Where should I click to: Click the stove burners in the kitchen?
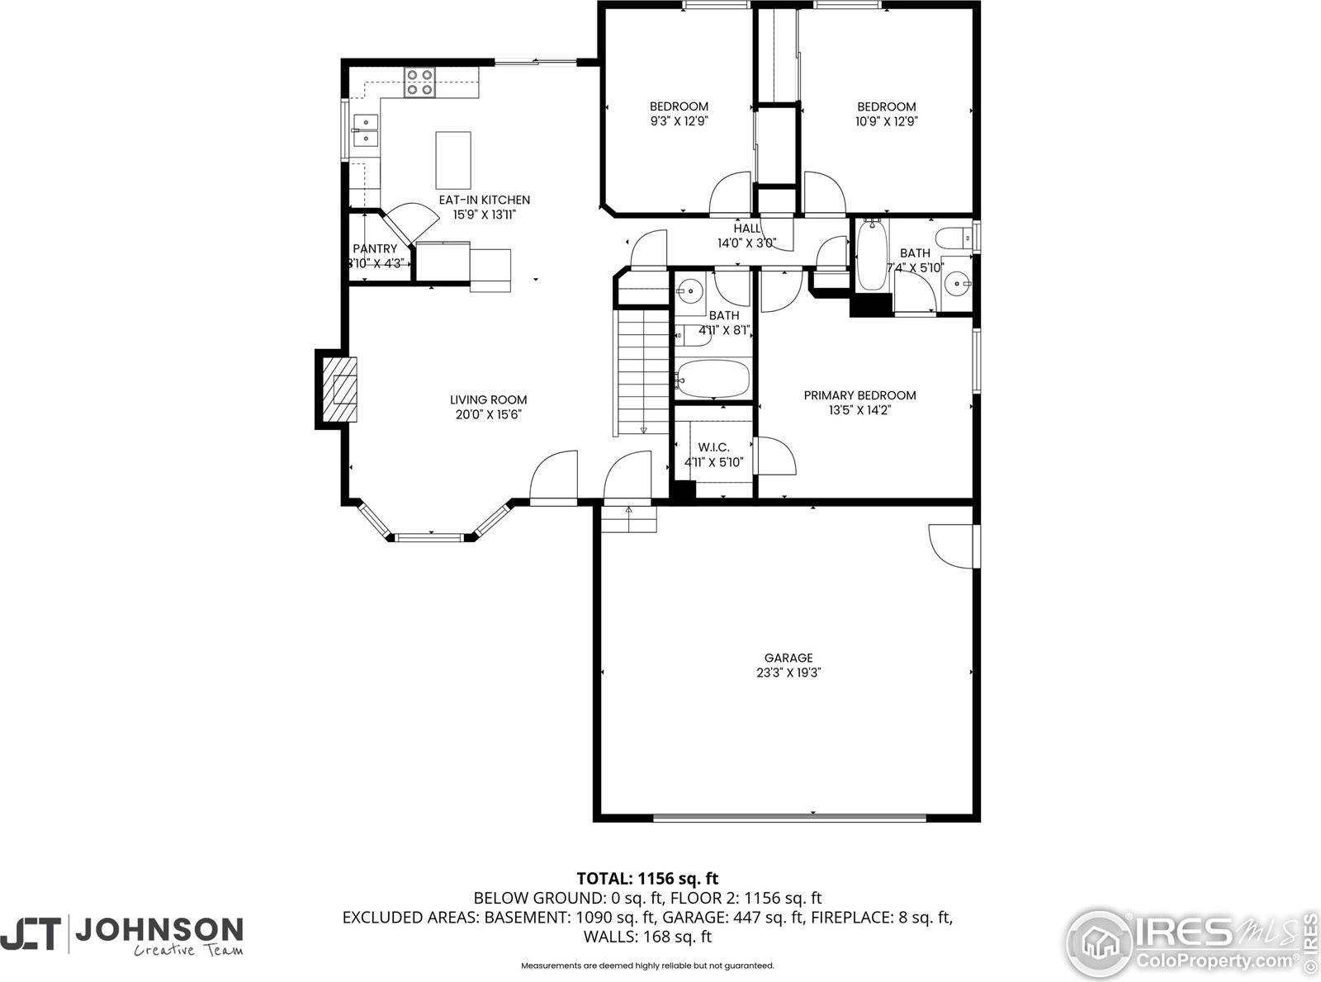pyautogui.click(x=419, y=83)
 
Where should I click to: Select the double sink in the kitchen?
pyautogui.click(x=364, y=130)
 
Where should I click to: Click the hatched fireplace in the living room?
pyautogui.click(x=340, y=389)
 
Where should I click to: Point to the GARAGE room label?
pyautogui.click(x=788, y=658)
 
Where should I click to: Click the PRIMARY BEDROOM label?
pyautogui.click(x=859, y=395)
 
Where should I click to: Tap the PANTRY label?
pyautogui.click(x=375, y=248)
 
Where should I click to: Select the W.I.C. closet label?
pyautogui.click(x=713, y=447)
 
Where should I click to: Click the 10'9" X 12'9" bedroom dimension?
pyautogui.click(x=887, y=120)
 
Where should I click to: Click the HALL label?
pyautogui.click(x=746, y=229)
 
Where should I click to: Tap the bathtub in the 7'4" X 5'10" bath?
pyautogui.click(x=872, y=256)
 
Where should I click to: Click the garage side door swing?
pyautogui.click(x=951, y=545)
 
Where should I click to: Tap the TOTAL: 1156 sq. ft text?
pyautogui.click(x=646, y=878)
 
